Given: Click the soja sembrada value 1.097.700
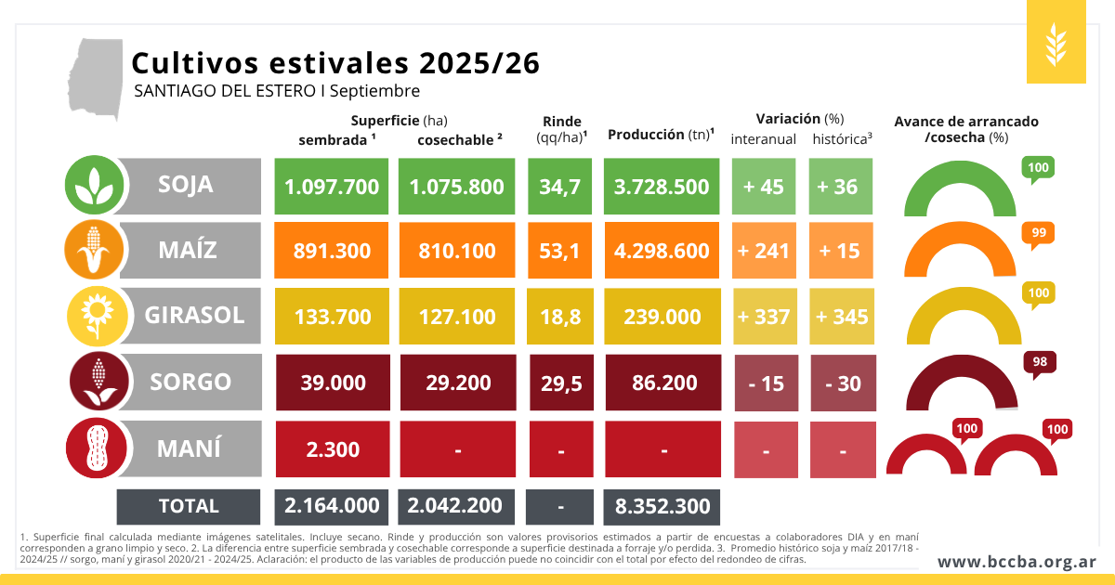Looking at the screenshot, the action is pos(332,187).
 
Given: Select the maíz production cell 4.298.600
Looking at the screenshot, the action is pos(662,250).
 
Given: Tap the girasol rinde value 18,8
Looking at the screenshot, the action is pos(560,317).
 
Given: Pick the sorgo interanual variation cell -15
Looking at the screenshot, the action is pos(766,383).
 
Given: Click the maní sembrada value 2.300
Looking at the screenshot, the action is pos(333,449).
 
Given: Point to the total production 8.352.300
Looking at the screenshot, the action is pos(662,507).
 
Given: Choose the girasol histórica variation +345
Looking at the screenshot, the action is pos(842,317).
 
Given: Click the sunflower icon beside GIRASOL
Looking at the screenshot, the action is pos(98,316).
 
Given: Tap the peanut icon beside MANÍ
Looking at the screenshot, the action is pos(96,448).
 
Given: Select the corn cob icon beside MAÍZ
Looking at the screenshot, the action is pos(94,250).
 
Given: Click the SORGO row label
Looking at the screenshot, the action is pos(190,382).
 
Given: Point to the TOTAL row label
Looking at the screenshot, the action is pos(189,506).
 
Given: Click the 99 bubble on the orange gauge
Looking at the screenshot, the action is pos(1039,233).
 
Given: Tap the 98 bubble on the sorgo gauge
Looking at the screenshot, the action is pos(1040,362).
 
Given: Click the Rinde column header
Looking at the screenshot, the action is pos(562,129).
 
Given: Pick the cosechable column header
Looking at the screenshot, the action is pos(459,140).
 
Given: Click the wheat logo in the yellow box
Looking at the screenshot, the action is pos(1056,45).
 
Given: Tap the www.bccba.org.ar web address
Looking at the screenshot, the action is pos(1017,562).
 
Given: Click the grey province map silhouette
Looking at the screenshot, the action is pos(96,77).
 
